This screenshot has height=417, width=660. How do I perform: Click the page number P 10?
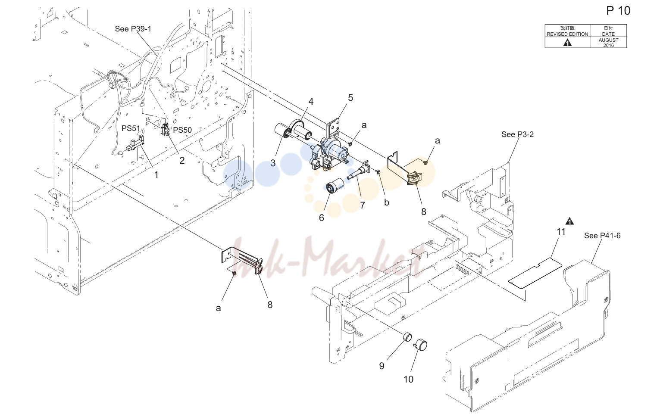618,11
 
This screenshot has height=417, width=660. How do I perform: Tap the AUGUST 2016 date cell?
608,43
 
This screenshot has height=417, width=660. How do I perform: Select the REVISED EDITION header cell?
567,31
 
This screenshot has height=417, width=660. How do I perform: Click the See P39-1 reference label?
133,29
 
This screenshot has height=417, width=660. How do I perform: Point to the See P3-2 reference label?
517,134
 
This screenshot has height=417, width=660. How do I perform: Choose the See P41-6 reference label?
602,236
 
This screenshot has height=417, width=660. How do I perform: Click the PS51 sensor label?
131,128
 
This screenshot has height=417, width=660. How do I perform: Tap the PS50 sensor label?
182,130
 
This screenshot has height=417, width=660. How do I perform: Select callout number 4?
311,102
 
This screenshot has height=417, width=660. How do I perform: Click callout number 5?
350,98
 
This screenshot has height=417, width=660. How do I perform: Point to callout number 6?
322,218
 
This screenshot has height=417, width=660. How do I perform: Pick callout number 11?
561,232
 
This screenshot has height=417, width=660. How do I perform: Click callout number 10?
408,379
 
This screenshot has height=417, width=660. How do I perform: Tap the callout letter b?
387,202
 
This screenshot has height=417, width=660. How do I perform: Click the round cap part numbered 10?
420,345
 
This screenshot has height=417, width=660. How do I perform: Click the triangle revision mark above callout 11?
569,221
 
